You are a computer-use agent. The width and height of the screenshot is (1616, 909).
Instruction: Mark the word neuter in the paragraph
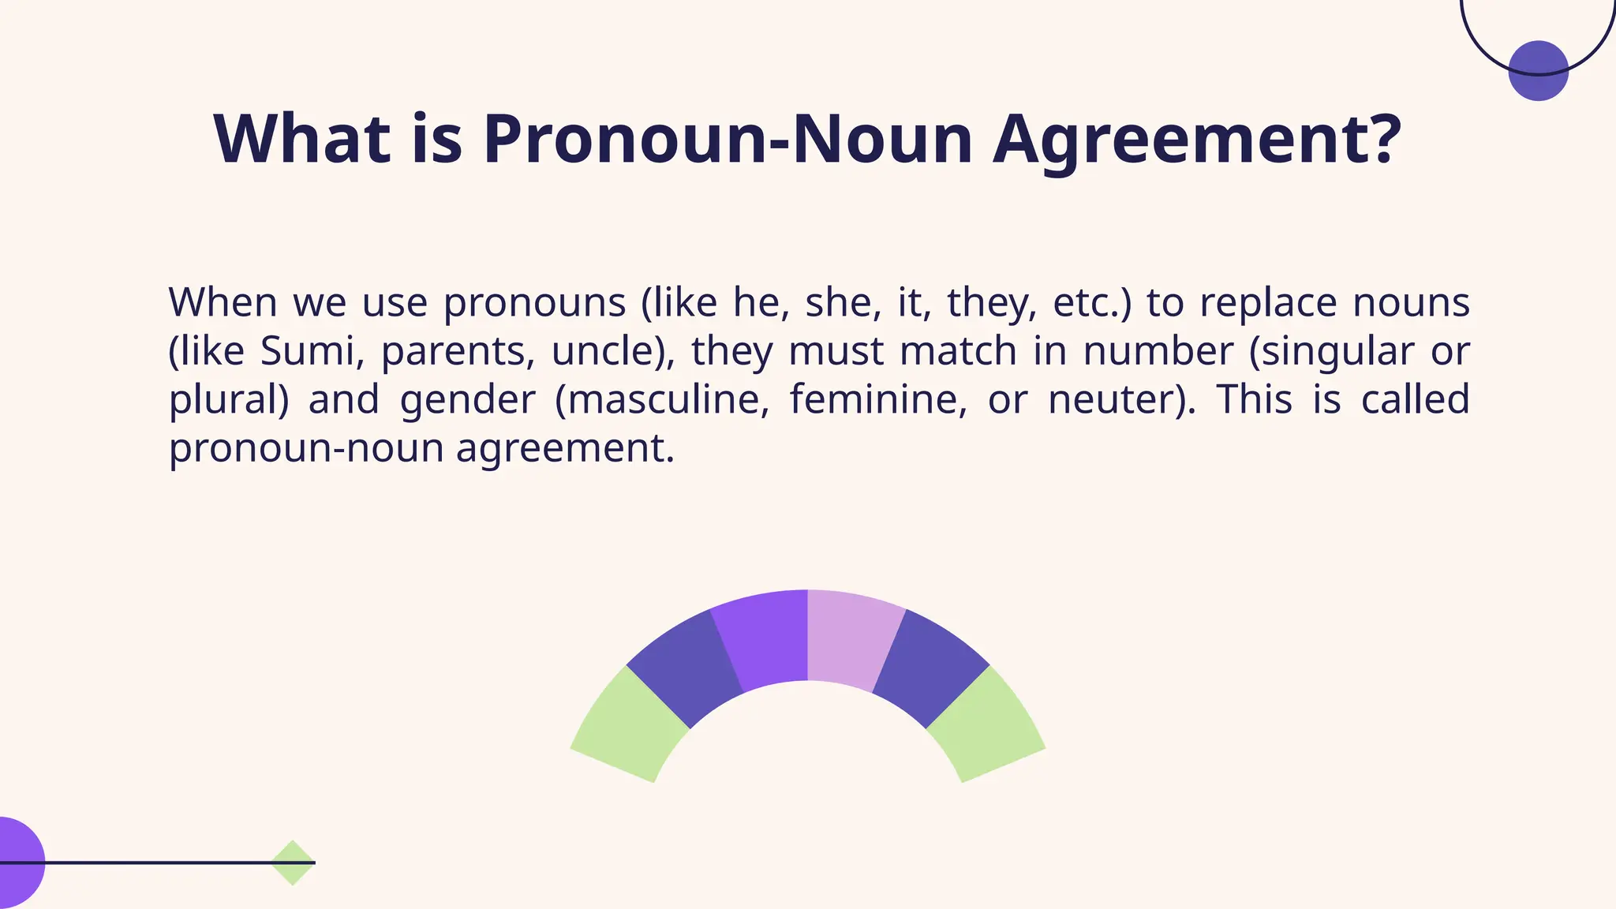(x=1114, y=400)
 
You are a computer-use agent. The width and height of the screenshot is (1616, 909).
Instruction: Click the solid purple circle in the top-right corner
(x=1538, y=71)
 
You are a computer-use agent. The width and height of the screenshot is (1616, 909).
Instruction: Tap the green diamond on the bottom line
(x=293, y=862)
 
